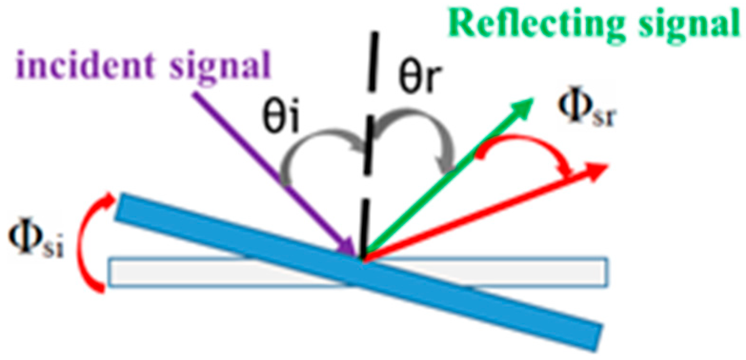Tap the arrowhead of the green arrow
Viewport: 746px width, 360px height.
(x=524, y=102)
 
